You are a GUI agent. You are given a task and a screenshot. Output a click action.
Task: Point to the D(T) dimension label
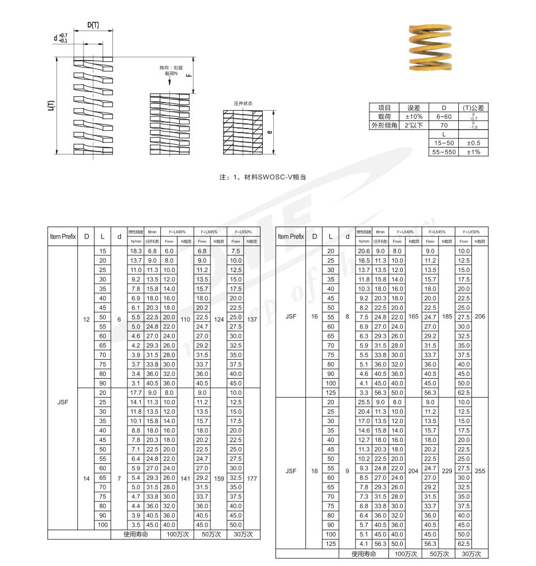92,25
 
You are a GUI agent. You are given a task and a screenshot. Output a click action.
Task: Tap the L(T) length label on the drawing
51,105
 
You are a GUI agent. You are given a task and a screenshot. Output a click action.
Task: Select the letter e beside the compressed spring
270,132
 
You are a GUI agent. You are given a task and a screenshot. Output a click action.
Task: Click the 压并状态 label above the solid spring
243,104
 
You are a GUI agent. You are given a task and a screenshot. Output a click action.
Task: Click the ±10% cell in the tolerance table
414,116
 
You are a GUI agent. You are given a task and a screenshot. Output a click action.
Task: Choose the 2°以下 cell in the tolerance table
414,125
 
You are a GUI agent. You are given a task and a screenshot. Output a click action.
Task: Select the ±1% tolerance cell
473,152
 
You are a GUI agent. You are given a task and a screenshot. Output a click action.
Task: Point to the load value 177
251,478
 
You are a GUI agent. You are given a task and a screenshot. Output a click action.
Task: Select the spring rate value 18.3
135,251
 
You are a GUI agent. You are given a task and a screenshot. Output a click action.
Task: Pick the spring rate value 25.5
364,402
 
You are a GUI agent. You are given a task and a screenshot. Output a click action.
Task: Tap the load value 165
413,316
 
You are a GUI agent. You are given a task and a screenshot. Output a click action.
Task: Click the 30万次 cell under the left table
243,534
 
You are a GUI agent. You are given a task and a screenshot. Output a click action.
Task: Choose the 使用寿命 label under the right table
364,553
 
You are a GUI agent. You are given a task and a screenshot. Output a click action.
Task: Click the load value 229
446,470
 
